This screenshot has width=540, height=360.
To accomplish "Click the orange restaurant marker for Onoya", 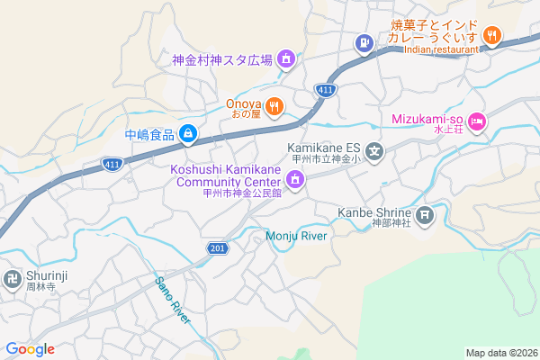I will [x=274, y=105].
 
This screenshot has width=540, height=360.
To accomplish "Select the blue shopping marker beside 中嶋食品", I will [x=187, y=135].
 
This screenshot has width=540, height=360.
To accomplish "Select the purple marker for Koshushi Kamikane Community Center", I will [x=295, y=180].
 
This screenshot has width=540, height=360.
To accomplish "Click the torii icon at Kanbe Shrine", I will [x=425, y=214].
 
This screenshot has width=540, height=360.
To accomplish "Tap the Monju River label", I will [x=296, y=236].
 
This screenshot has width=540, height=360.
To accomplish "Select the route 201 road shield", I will [x=215, y=247].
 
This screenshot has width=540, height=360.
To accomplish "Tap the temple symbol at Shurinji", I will [x=13, y=278].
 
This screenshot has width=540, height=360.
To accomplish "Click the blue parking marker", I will [x=364, y=41].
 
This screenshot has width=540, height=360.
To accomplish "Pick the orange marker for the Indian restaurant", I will [x=491, y=35].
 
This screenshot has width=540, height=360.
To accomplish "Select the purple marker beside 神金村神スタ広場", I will [x=286, y=59].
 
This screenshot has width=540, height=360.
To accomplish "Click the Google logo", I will [x=30, y=349].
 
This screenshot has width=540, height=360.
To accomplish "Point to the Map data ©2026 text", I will [x=500, y=353].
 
